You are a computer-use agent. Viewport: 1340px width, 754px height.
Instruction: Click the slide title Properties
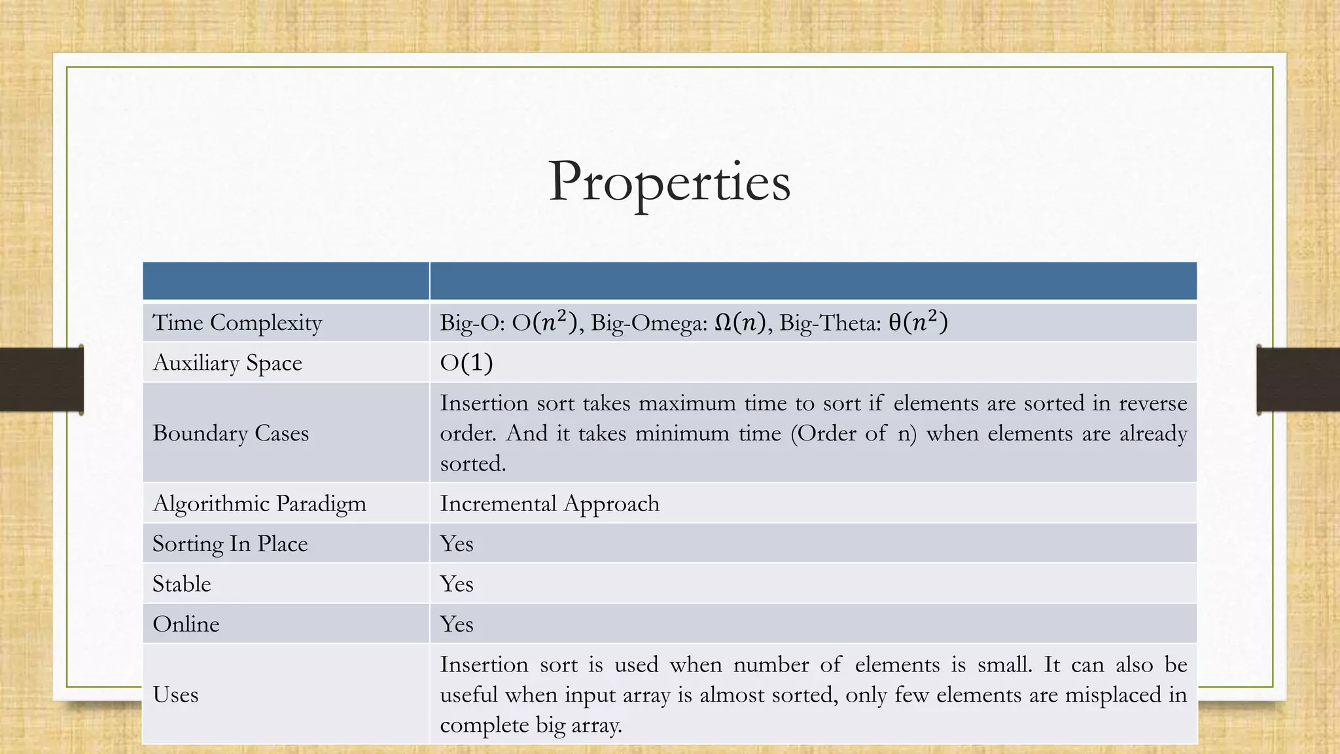(669, 181)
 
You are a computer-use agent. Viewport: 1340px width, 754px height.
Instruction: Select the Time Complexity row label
(237, 323)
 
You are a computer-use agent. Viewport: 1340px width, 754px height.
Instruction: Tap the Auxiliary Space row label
(227, 363)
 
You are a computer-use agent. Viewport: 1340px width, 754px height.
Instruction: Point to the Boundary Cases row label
(230, 433)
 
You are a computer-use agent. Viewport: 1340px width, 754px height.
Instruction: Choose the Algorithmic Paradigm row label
(259, 503)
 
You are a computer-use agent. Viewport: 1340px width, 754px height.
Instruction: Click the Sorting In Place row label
(230, 544)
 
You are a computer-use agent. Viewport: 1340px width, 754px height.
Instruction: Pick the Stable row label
(182, 584)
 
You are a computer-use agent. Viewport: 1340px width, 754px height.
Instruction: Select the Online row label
(186, 624)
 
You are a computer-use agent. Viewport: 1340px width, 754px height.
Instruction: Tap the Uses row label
(175, 694)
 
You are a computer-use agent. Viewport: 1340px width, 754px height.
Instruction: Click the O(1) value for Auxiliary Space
(466, 363)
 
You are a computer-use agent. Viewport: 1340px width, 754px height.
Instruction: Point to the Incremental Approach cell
(550, 503)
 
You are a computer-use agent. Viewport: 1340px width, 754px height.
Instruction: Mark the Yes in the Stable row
(457, 584)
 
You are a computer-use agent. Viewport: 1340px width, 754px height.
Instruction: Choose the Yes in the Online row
(457, 624)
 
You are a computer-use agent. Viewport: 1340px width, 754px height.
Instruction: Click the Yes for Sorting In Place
(457, 544)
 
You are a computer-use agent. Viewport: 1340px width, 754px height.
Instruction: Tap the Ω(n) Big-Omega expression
(739, 323)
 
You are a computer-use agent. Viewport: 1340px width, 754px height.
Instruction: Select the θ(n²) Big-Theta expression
(918, 322)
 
